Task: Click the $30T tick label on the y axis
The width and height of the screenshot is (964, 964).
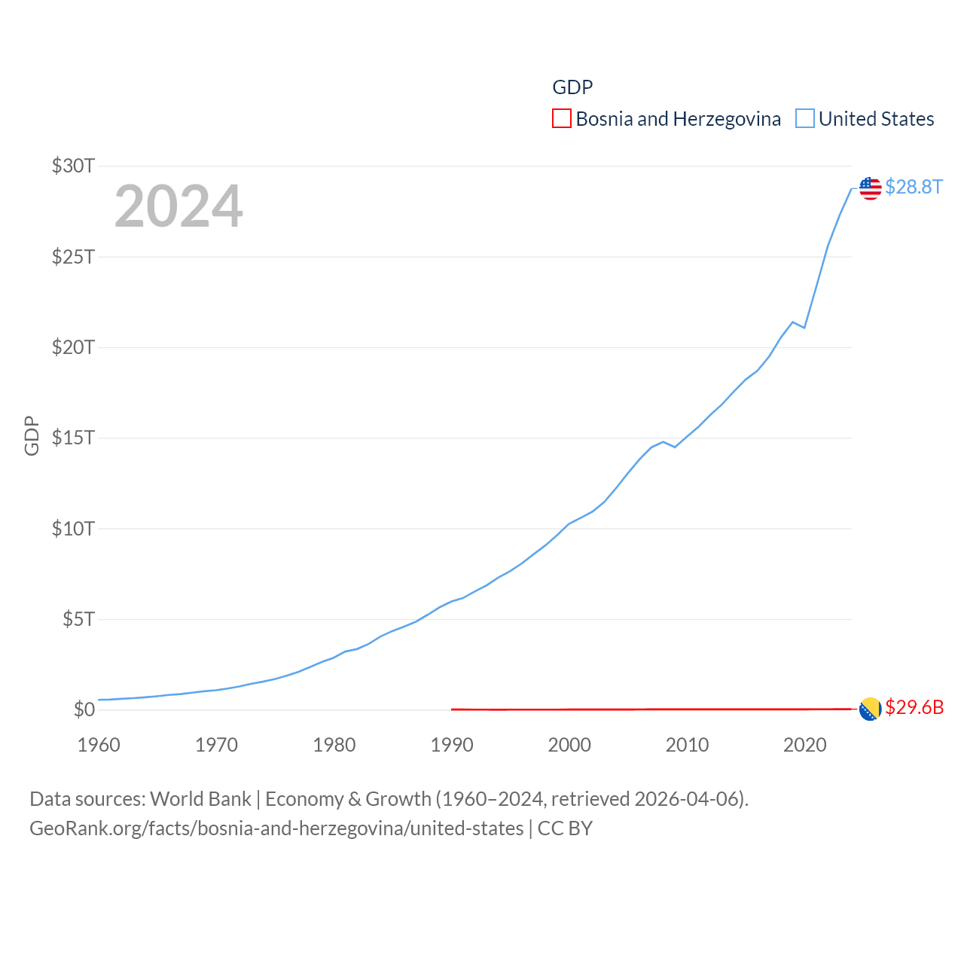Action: click(x=73, y=166)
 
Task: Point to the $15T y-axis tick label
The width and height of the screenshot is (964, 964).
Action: click(x=73, y=438)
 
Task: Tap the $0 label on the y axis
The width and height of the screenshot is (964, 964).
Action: click(x=84, y=709)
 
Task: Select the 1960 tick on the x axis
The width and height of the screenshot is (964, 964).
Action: click(x=99, y=745)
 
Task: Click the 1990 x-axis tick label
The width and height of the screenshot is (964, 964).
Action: click(x=452, y=745)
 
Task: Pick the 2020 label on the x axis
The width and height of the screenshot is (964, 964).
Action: click(x=804, y=745)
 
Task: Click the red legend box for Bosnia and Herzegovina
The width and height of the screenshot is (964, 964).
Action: click(x=562, y=119)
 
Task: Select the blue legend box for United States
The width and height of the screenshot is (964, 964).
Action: click(x=805, y=119)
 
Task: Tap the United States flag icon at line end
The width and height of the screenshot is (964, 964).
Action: click(x=870, y=188)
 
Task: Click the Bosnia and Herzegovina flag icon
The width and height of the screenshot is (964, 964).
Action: click(x=870, y=709)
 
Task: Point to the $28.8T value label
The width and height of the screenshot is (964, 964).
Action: click(x=914, y=187)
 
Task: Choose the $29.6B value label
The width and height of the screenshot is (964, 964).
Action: click(x=914, y=707)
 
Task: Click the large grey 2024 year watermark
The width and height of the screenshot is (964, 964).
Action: click(x=178, y=206)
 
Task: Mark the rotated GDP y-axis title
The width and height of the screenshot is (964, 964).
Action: click(x=32, y=435)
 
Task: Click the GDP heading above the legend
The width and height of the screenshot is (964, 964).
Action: click(x=572, y=87)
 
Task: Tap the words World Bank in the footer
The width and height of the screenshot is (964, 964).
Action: click(x=201, y=799)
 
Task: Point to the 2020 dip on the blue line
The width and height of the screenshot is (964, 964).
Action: click(x=804, y=328)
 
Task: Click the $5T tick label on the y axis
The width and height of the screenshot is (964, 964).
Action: click(x=78, y=619)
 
